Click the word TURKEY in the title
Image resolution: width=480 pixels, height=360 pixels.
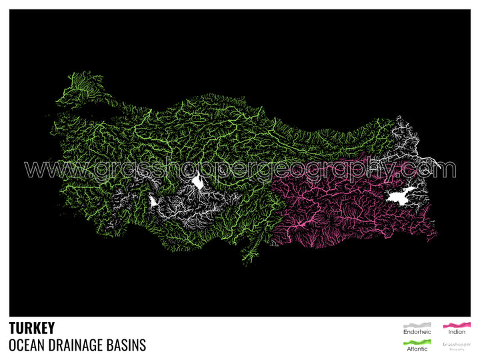click(32, 328)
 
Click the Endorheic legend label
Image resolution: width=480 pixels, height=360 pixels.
click(417, 332)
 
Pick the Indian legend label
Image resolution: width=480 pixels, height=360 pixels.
click(457, 332)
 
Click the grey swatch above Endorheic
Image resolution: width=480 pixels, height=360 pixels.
click(417, 324)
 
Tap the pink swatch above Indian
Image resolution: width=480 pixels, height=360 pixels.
click(457, 324)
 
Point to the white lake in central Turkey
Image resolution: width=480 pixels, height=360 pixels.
click(198, 181)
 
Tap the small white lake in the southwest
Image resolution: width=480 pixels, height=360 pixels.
click(154, 201)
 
